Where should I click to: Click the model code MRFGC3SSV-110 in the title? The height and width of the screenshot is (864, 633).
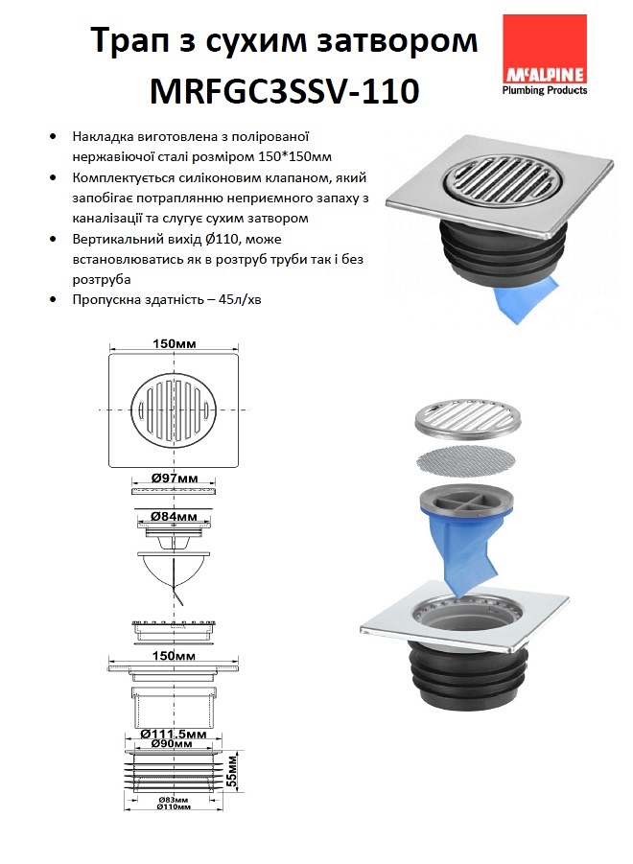284,91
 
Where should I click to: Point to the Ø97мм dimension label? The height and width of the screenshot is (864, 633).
175,479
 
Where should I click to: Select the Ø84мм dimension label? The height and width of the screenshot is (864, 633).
175,517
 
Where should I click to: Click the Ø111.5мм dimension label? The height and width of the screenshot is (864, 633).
174,734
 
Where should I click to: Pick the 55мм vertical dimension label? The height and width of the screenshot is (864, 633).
232,770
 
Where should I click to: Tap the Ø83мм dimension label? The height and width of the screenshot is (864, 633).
174,799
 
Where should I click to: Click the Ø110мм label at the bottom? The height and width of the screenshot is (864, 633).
174,806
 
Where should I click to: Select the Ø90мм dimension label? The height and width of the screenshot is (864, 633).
173,743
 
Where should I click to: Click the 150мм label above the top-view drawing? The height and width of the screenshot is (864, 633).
175,344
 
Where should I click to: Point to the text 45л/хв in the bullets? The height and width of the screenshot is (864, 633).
240,300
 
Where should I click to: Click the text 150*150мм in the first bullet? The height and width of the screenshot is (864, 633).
294,157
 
